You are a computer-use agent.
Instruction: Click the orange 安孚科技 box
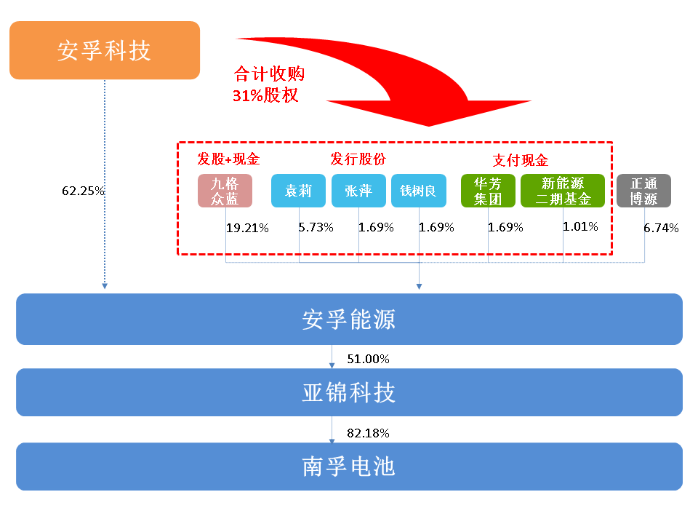pos(105,50)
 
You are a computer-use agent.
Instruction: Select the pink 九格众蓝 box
pos(225,191)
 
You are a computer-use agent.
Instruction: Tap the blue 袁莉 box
pos(298,191)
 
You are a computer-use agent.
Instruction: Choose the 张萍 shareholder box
pos(358,191)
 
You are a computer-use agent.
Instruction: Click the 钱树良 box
pos(419,191)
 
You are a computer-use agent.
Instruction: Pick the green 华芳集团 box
pos(488,191)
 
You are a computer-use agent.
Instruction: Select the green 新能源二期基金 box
pos(563,191)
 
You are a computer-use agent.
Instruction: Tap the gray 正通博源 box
pos(643,191)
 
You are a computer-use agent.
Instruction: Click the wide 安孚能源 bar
pos(349,319)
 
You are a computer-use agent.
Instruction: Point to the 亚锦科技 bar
pos(349,392)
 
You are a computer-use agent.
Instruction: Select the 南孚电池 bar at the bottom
pos(349,467)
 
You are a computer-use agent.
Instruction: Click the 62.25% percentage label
pos(83,191)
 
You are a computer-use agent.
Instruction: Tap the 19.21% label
pos(247,228)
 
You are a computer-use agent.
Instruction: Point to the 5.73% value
pos(316,227)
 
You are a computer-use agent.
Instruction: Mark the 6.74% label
pos(661,228)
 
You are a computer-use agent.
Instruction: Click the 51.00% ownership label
pos(368,359)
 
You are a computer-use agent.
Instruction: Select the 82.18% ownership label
pos(368,433)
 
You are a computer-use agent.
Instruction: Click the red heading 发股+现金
pos(228,159)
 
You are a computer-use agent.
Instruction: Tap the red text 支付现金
pos(521,160)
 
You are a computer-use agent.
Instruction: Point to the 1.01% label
pos(580,227)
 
